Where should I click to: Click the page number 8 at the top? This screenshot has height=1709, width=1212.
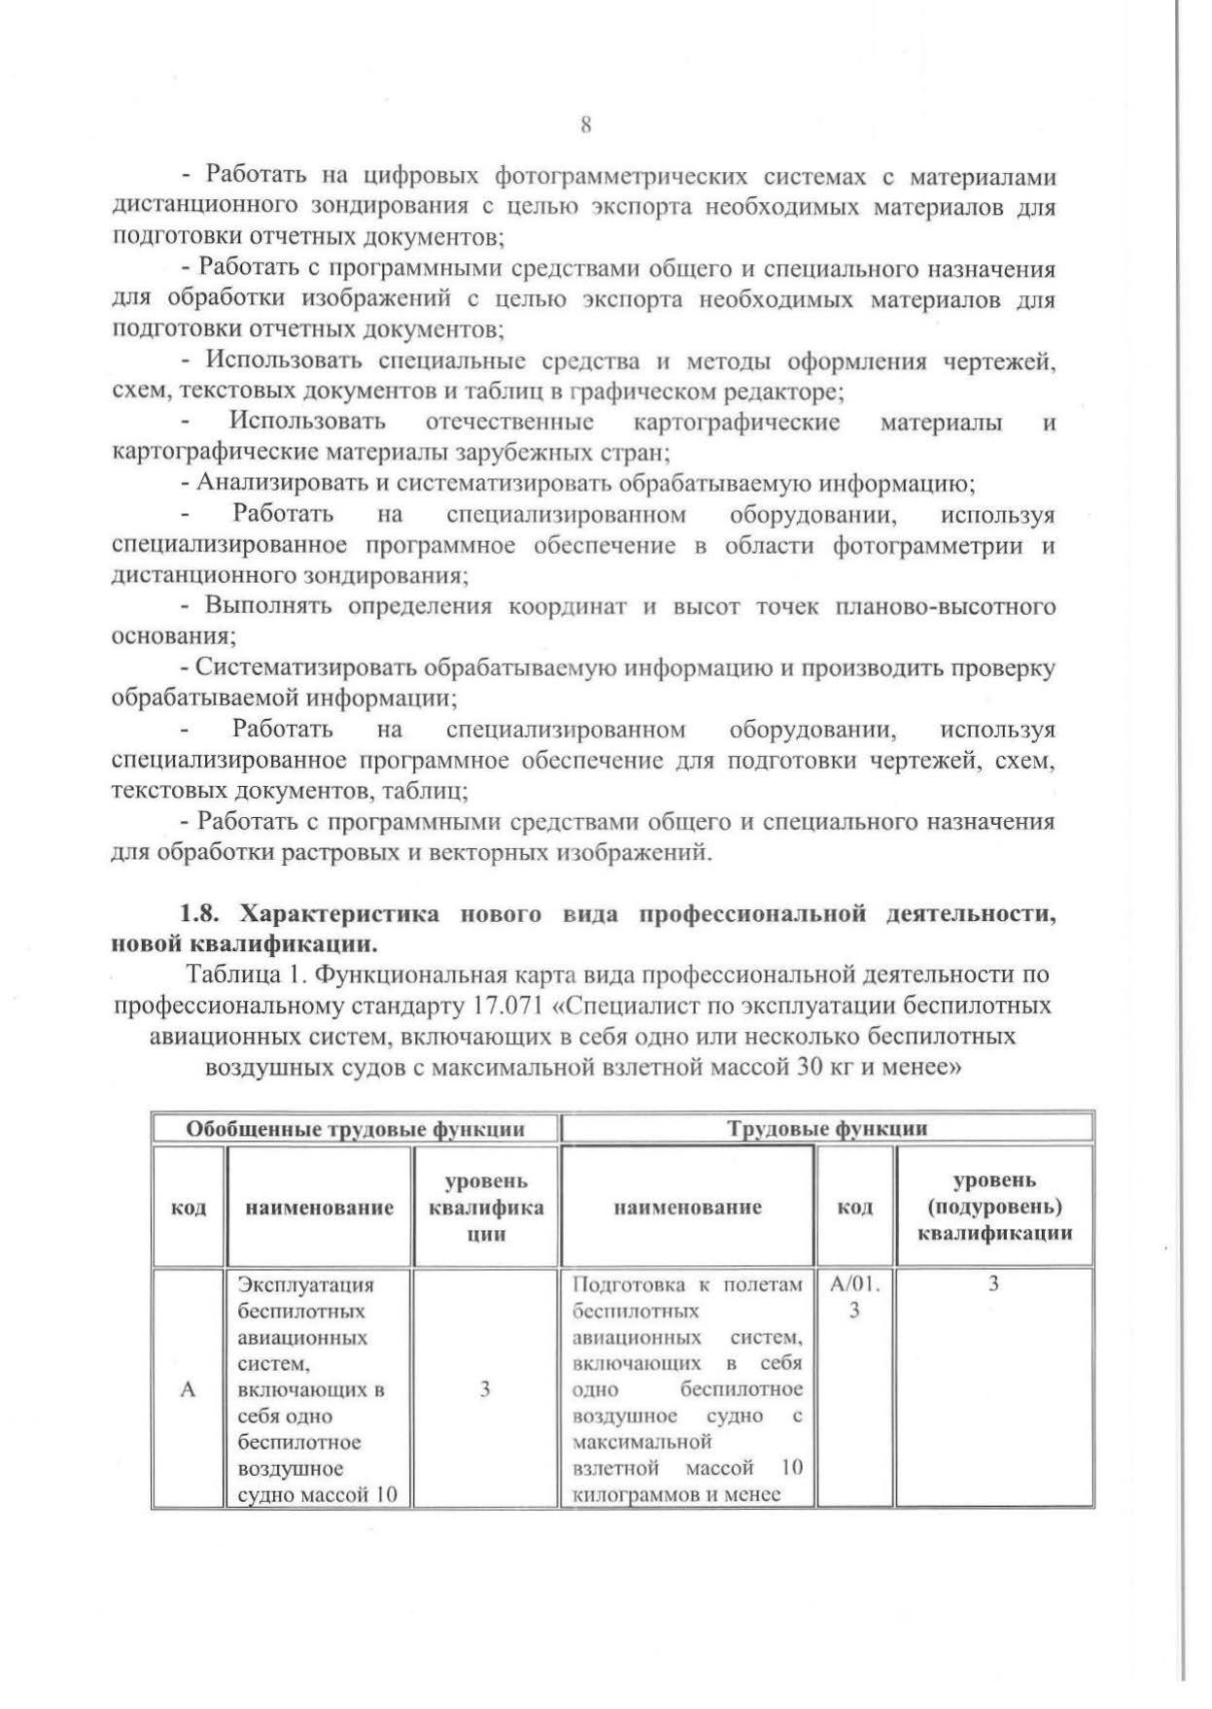585,125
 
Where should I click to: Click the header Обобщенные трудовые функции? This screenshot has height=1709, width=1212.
355,1129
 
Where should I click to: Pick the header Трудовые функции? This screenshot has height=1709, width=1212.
827,1129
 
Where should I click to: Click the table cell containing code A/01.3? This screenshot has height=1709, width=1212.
854,1297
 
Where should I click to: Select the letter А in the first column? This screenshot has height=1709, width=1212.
189,1390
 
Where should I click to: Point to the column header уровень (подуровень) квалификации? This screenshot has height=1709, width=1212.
994,1207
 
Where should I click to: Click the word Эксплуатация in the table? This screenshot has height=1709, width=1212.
306,1285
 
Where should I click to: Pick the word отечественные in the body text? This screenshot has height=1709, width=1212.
510,422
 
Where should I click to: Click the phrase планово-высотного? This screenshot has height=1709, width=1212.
945,607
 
